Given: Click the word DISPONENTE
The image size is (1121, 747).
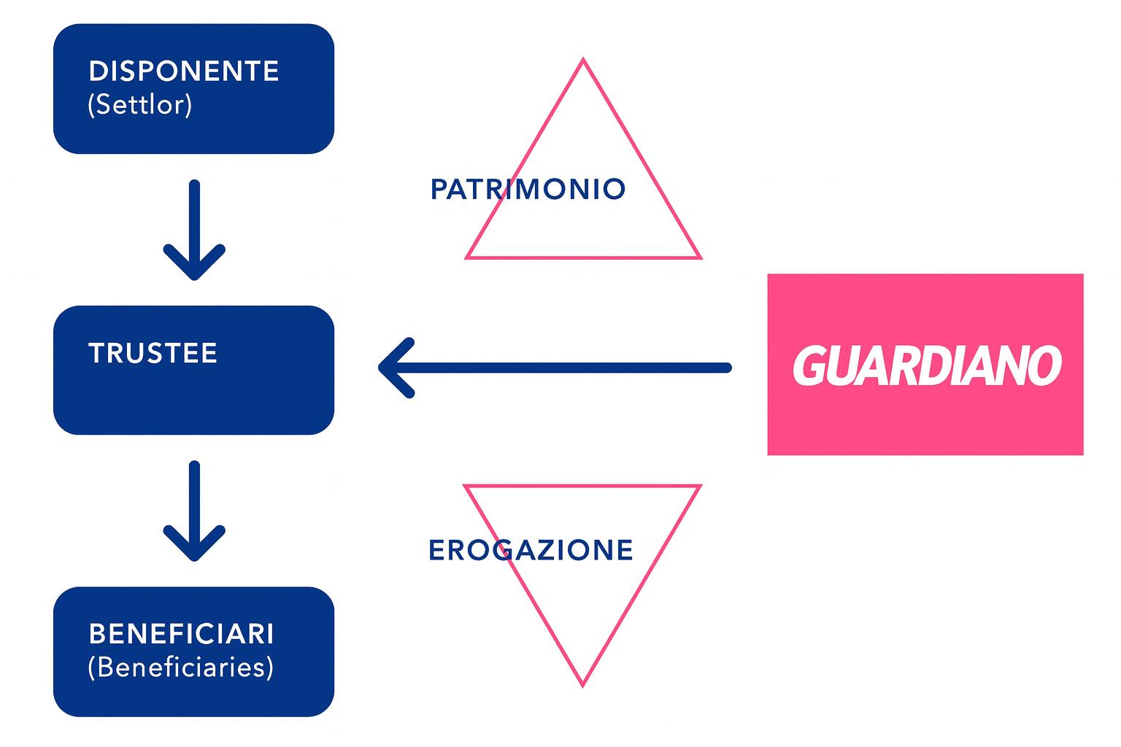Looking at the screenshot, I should (183, 71).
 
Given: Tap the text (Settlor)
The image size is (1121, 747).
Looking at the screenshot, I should (140, 104).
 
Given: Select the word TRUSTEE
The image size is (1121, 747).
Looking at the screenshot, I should (153, 353).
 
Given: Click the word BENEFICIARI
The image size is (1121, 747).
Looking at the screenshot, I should (182, 634).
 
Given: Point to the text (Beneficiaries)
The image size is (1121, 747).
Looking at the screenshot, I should (181, 667).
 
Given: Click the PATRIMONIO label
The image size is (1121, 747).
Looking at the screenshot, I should (528, 190).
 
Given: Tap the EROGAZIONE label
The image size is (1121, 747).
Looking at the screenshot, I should (531, 550).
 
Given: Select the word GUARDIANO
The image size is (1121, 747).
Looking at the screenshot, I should (927, 365).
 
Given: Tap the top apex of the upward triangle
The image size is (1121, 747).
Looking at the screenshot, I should (583, 61).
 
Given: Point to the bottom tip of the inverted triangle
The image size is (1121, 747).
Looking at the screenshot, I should (582, 684).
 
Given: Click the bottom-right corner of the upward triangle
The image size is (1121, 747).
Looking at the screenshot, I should (699, 257).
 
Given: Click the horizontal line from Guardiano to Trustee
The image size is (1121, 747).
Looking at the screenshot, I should (569, 368).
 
